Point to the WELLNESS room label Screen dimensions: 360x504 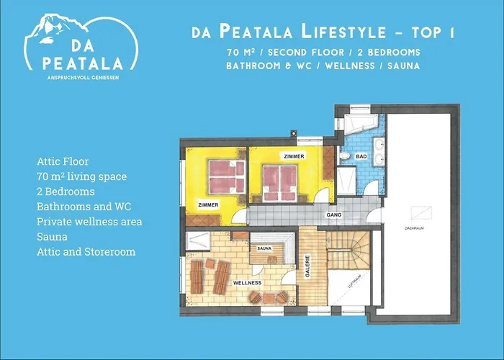tap(247, 283)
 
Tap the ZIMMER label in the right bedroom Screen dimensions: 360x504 tap(294, 156)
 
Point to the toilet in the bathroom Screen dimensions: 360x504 tap(345, 177)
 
